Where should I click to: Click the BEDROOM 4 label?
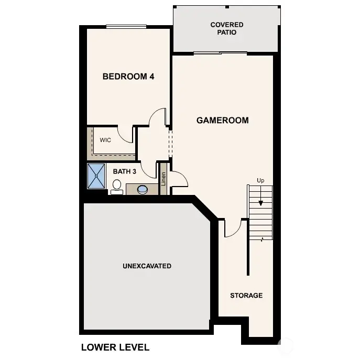[128, 77]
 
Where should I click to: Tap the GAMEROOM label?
[222, 120]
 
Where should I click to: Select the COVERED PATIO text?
[226, 28]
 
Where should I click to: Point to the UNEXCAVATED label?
[147, 266]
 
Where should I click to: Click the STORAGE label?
[246, 296]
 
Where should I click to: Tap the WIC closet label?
[105, 140]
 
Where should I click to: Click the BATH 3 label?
[125, 171]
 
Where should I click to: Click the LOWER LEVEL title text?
[115, 347]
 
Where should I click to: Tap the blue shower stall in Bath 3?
[96, 177]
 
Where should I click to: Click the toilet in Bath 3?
[117, 187]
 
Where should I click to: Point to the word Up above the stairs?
[260, 180]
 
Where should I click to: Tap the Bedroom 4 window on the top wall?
[126, 27]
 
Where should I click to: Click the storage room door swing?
[233, 228]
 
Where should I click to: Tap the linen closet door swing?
[179, 179]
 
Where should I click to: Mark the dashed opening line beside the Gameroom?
[169, 141]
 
